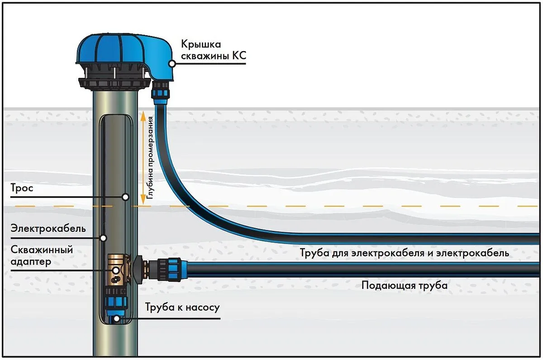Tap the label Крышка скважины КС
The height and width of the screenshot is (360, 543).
[213, 50]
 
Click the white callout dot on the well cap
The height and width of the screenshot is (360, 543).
[172, 64]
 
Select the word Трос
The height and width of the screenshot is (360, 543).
[22, 188]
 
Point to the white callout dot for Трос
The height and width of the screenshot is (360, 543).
[126, 197]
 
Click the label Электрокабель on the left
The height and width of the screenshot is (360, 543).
[48, 229]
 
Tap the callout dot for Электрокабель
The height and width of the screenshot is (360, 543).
[104, 238]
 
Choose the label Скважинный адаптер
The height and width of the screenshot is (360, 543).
[42, 256]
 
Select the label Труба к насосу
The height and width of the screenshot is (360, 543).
[182, 307]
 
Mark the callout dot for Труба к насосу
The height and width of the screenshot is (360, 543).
[117, 318]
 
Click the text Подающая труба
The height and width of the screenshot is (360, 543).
[405, 285]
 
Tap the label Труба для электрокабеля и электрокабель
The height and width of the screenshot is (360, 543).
[405, 253]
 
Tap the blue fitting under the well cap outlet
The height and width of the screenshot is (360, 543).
[160, 93]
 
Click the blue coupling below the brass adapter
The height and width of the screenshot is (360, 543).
[117, 302]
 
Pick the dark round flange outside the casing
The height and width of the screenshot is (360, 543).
[138, 269]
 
